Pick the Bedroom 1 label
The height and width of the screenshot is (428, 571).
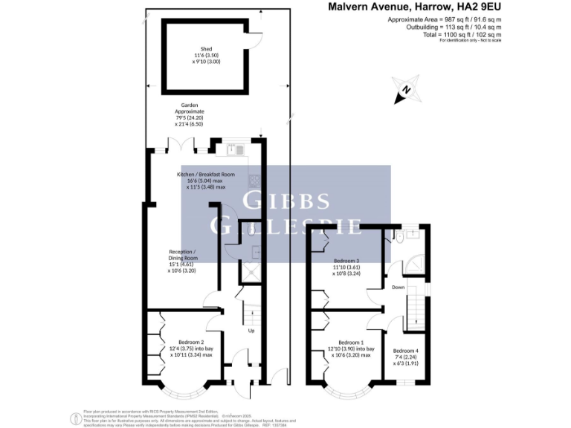(349, 341)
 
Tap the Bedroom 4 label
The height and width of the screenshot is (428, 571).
(407, 351)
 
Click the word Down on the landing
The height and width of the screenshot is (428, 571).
(398, 286)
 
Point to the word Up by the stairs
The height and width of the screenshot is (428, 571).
(251, 331)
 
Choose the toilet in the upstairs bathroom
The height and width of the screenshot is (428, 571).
(401, 238)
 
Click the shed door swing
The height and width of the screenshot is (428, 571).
(255, 43)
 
